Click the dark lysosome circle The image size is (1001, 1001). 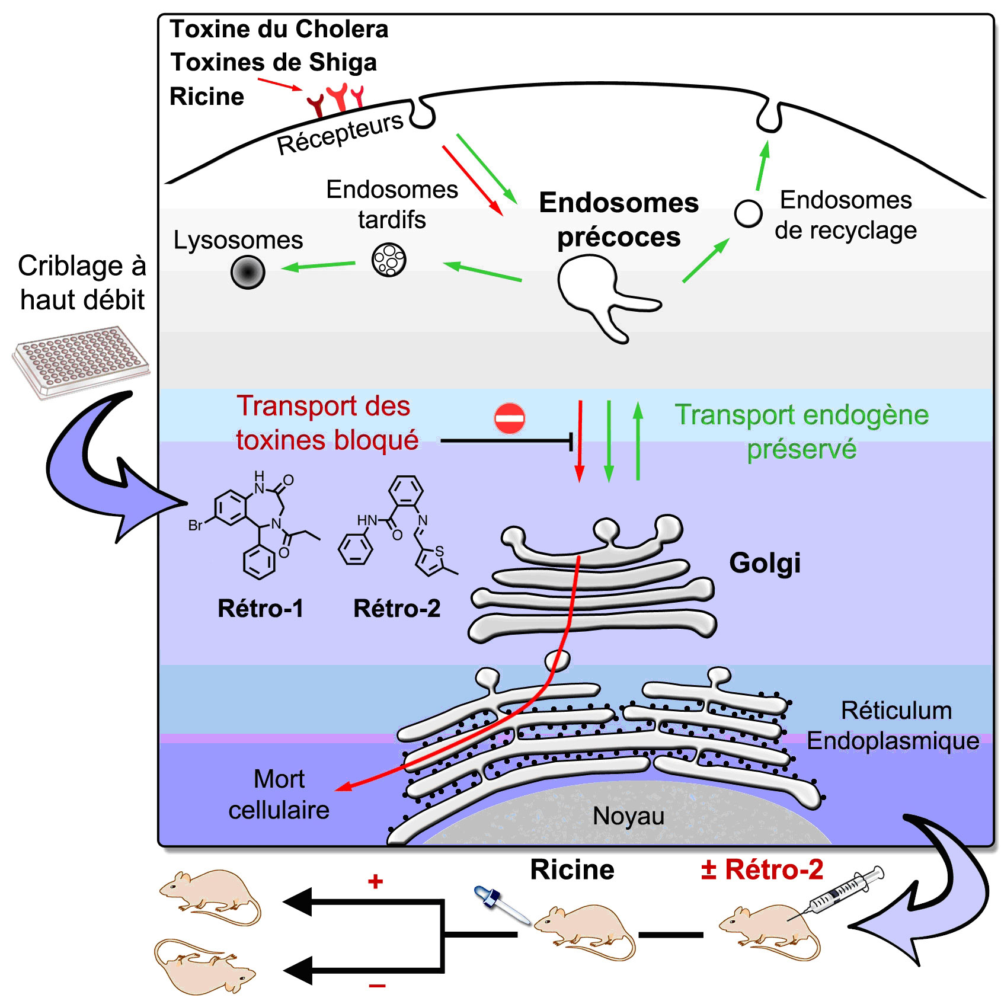point(248,272)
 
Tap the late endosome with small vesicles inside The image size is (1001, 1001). point(389,260)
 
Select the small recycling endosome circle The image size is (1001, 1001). point(748,213)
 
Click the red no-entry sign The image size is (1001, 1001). point(510,418)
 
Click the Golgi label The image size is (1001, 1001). point(765,563)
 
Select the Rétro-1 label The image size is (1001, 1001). point(260,609)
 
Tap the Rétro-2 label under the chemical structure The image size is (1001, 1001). point(397,609)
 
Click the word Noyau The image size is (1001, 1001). point(628,816)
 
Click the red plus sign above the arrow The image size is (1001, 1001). point(375,881)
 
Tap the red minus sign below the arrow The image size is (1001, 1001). point(377,986)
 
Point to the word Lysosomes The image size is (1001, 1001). point(238,240)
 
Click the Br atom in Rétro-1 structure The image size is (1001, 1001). point(196,526)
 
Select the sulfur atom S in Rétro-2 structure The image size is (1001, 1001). point(439,551)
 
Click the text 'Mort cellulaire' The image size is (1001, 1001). point(279,794)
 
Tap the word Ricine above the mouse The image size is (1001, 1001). point(572,870)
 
